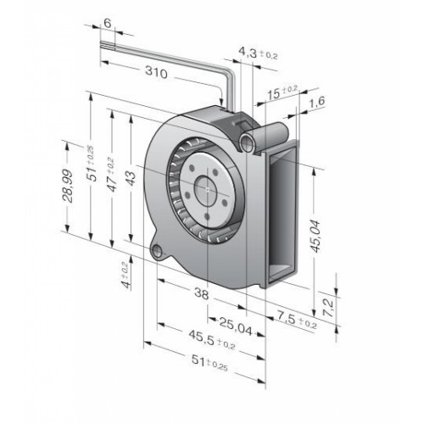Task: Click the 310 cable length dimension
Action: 156,72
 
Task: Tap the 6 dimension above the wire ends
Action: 108,23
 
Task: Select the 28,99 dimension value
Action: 68,186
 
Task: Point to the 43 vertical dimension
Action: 131,178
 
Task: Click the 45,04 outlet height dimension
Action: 316,236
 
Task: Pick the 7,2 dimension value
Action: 328,308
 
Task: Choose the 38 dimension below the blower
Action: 202,293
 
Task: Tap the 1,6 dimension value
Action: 317,103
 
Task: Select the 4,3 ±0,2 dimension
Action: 258,53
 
